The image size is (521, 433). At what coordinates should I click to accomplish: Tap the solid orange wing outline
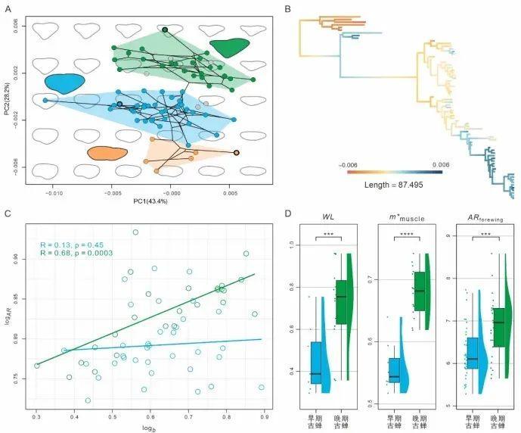107,154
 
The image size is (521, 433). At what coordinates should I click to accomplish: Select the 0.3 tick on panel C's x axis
36,416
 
